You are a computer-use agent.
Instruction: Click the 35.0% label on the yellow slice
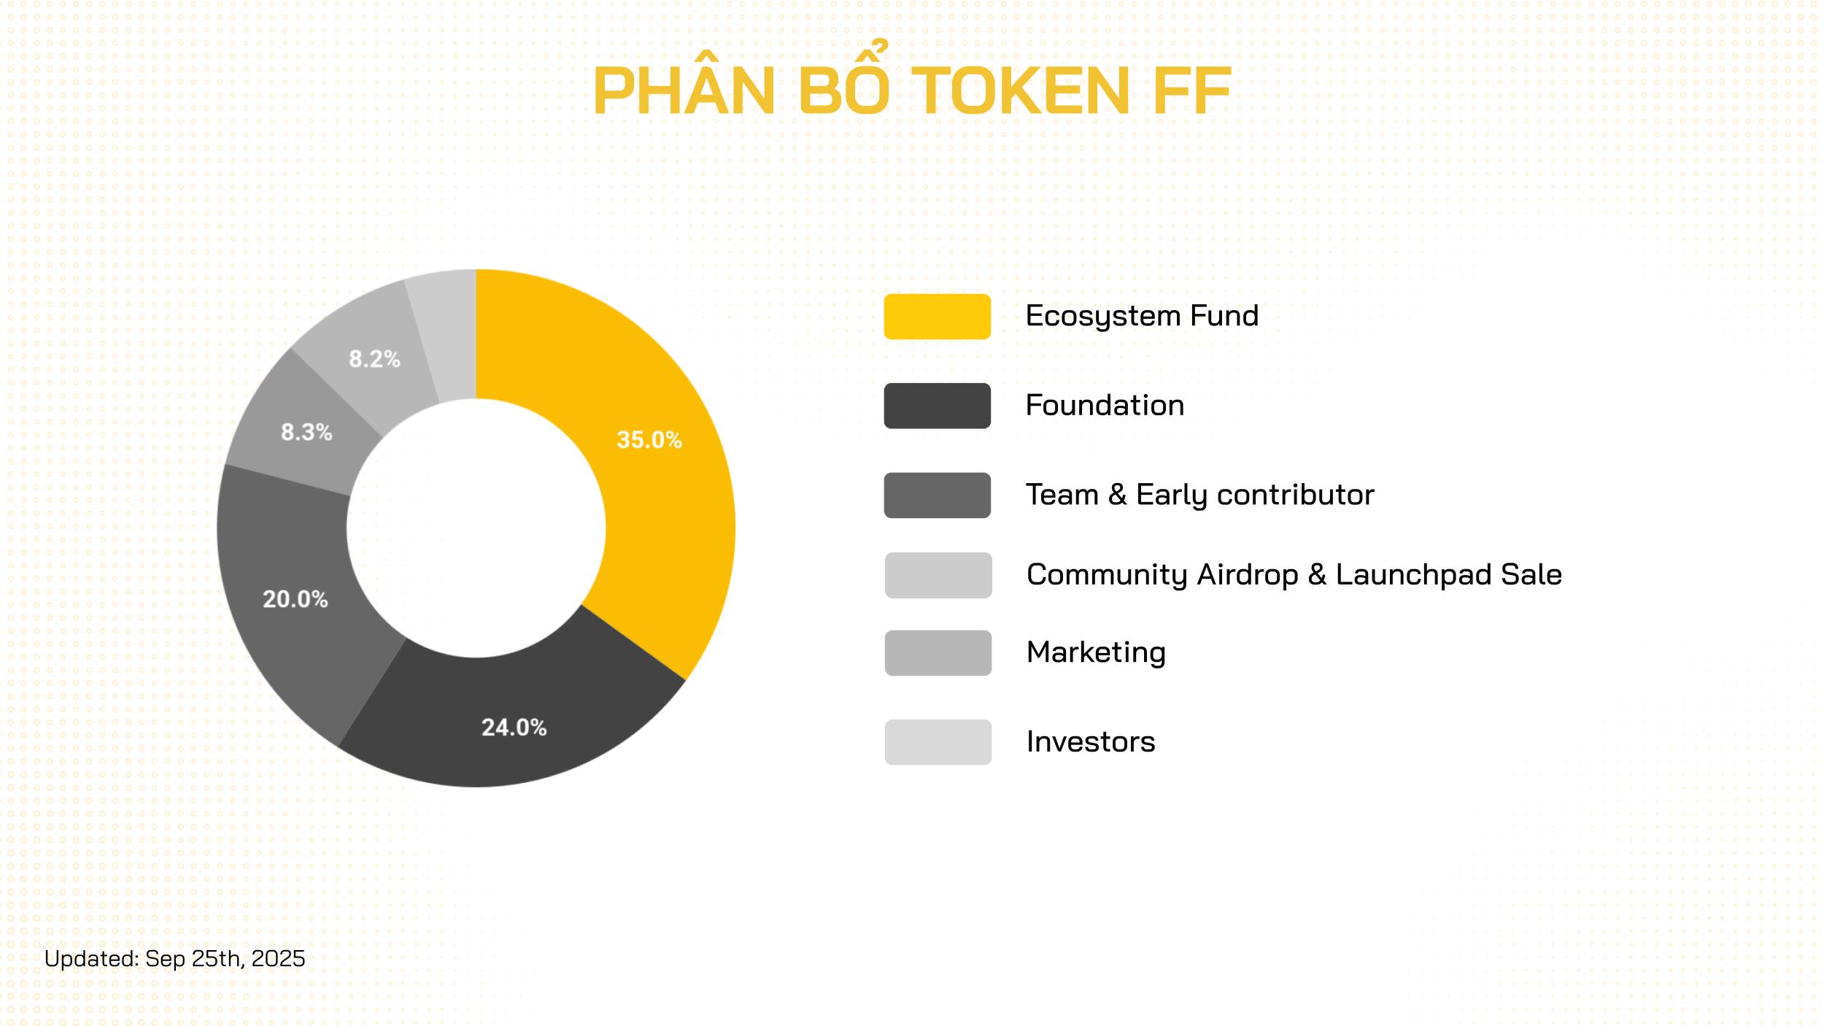point(649,439)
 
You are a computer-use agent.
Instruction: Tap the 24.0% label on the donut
point(514,727)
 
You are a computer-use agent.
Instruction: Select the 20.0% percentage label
point(295,599)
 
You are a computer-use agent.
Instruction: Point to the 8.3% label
point(306,432)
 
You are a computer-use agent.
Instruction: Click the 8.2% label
point(374,358)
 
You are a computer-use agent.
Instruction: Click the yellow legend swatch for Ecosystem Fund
point(937,317)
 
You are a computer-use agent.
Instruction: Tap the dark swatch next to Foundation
point(937,406)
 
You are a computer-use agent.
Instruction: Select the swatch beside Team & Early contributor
point(937,495)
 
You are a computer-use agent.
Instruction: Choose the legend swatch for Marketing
point(938,652)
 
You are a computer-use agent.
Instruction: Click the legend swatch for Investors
point(938,742)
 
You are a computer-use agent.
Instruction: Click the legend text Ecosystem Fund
point(1142,316)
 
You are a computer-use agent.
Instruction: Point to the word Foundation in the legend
point(1105,405)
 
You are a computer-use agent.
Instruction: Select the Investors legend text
point(1091,742)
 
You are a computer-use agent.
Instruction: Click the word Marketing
point(1096,652)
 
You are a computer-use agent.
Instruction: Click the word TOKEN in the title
point(1021,91)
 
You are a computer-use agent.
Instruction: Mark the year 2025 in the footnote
point(278,958)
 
